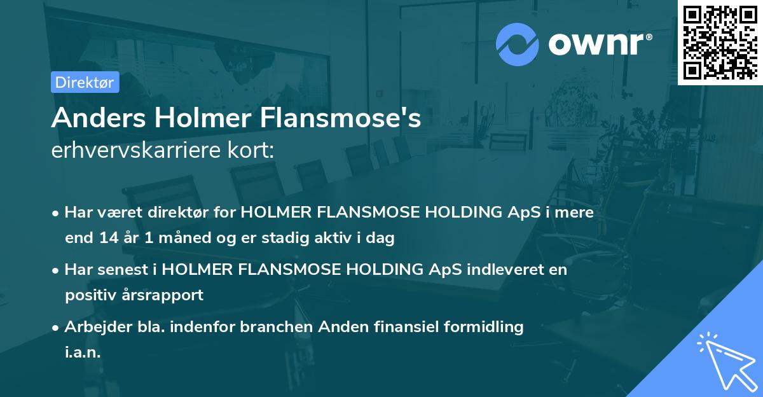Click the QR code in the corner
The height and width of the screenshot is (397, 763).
pos(720,42)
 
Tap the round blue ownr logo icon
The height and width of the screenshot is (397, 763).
pos(517,44)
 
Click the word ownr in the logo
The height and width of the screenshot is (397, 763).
pos(599,44)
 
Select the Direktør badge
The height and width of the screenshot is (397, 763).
pos(85,82)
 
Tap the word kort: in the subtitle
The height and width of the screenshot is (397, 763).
pos(252,151)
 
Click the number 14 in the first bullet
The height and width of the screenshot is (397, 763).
pos(107,238)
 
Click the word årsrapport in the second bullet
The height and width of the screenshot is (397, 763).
pos(165,295)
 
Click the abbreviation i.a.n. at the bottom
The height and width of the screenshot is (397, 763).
pos(83,352)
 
